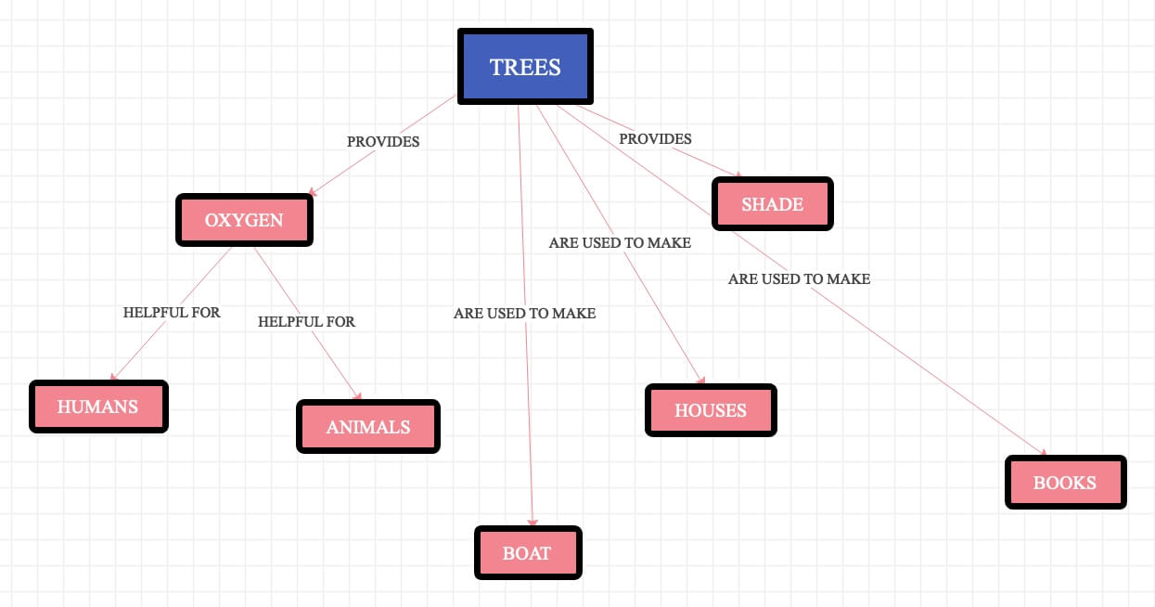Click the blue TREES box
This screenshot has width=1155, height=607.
525,67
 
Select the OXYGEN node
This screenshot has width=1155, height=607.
244,220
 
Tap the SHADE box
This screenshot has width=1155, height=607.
772,204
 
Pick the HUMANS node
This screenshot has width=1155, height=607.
97,407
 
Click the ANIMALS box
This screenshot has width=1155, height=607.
367,427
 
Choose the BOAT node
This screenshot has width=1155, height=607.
527,553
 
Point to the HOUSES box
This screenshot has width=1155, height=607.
710,410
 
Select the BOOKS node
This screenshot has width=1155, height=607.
1065,483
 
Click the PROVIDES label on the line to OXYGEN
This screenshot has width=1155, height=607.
383,142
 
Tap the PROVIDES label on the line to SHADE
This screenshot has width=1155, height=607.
655,139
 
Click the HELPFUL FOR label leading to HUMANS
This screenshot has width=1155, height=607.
172,313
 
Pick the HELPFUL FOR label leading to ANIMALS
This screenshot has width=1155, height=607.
306,322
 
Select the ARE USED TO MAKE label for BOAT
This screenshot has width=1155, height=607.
524,314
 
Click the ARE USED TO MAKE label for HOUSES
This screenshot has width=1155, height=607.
620,243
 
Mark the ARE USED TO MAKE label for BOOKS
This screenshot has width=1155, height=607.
799,278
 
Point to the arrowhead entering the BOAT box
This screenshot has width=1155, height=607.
533,523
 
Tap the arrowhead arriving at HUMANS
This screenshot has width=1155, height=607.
114,377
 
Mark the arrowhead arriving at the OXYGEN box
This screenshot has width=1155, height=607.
313,192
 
